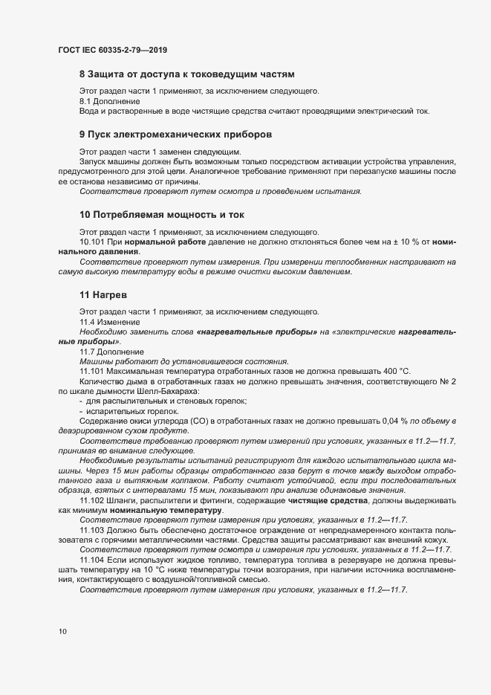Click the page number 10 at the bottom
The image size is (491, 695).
click(62, 631)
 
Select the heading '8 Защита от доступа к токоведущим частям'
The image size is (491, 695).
click(187, 74)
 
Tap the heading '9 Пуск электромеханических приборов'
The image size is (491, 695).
click(175, 135)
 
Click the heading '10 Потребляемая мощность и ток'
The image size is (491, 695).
click(161, 214)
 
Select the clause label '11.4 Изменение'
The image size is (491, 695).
click(109, 322)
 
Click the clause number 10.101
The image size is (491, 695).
click(92, 242)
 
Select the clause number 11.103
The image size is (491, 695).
click(92, 530)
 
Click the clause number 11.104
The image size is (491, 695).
click(92, 558)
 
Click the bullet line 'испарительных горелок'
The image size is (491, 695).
click(134, 410)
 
